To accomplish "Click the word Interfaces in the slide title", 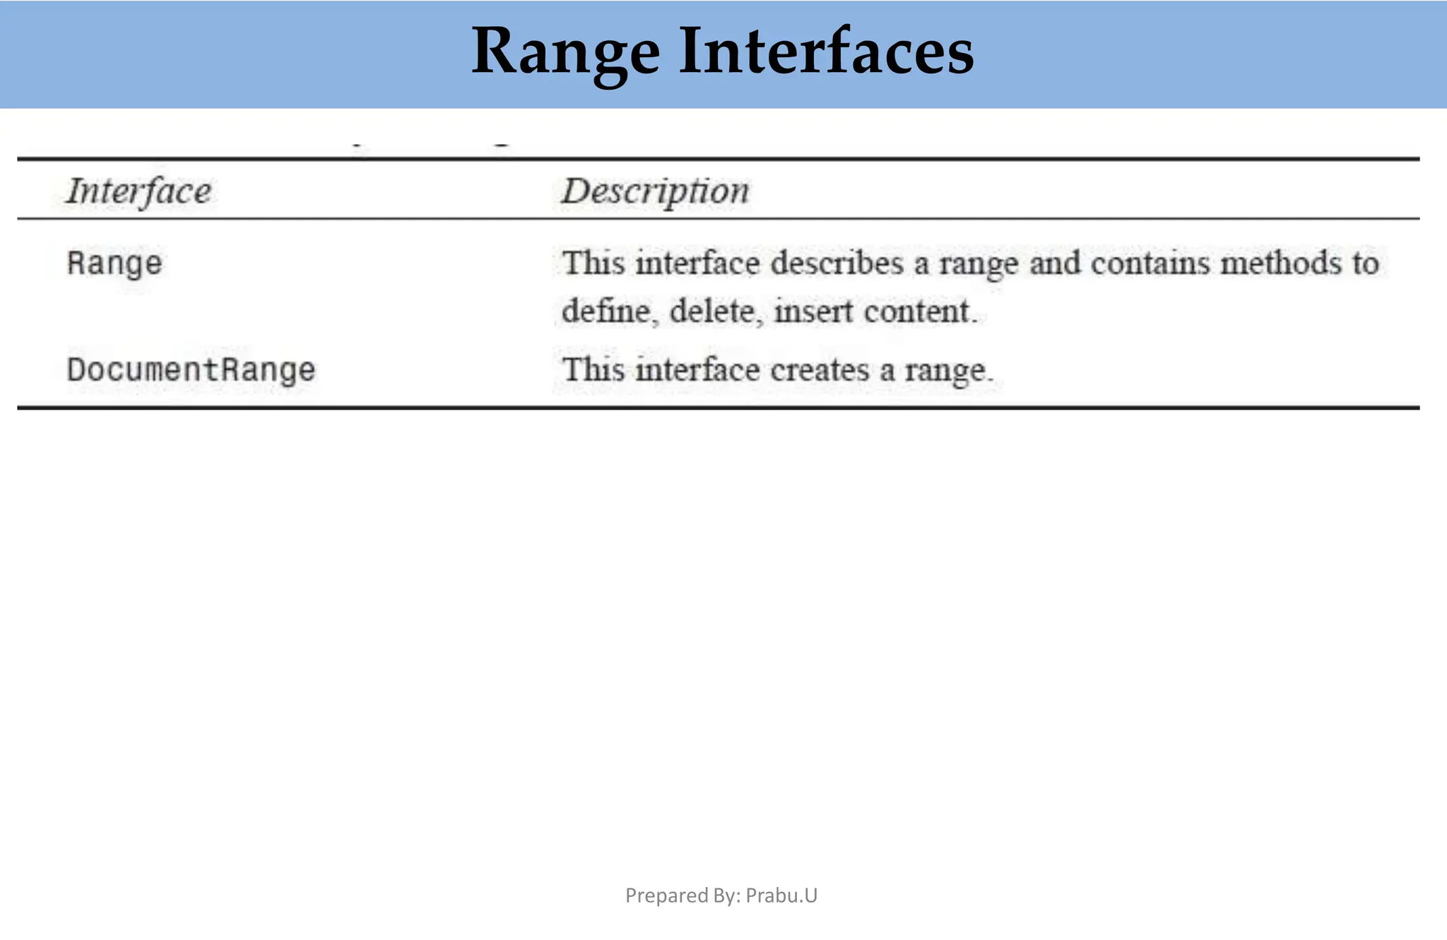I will pyautogui.click(x=826, y=51).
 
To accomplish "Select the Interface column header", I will pyautogui.click(x=138, y=191).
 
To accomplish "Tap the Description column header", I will pyautogui.click(x=655, y=191).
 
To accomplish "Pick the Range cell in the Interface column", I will pyautogui.click(x=114, y=264).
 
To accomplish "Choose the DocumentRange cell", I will pyautogui.click(x=191, y=370).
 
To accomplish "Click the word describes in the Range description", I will pyautogui.click(x=837, y=263).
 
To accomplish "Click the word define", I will pyautogui.click(x=606, y=311).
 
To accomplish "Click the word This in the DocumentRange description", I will pyautogui.click(x=593, y=370).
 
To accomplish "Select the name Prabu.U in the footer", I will pyautogui.click(x=781, y=896).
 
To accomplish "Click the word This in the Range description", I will pyautogui.click(x=593, y=263).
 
